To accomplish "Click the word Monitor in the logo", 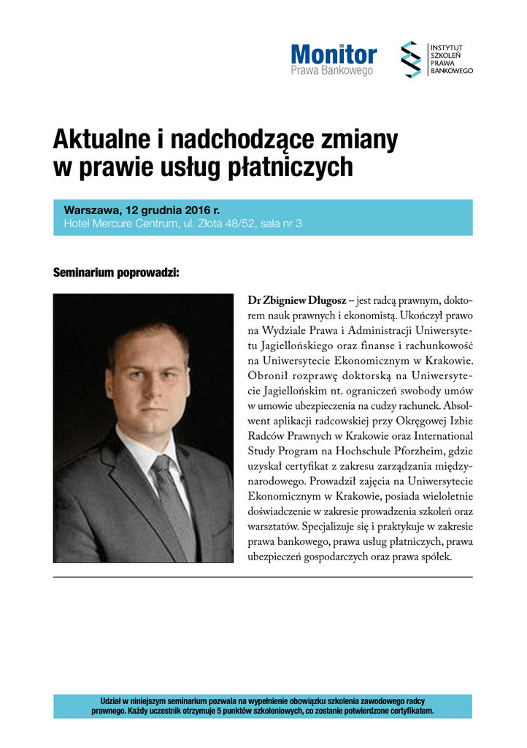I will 334,54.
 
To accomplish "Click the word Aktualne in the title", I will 101,139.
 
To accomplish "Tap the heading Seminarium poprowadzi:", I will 116,272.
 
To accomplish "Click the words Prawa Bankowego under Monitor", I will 332,71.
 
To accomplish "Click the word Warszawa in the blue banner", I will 89,210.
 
